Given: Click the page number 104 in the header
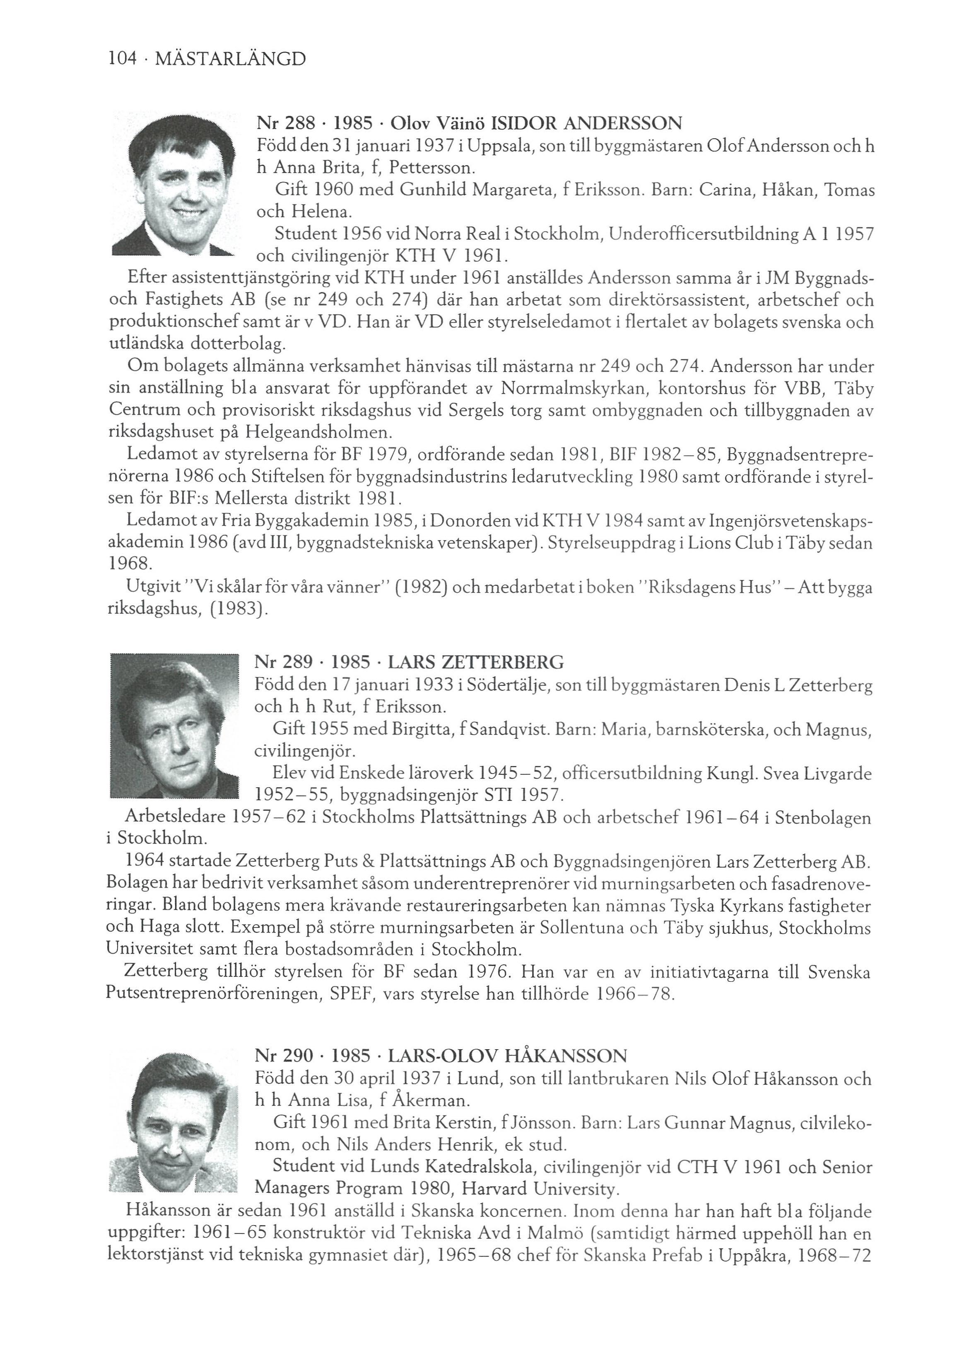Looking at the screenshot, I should coord(121,60).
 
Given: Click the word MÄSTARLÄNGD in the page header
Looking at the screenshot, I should coord(230,60).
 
